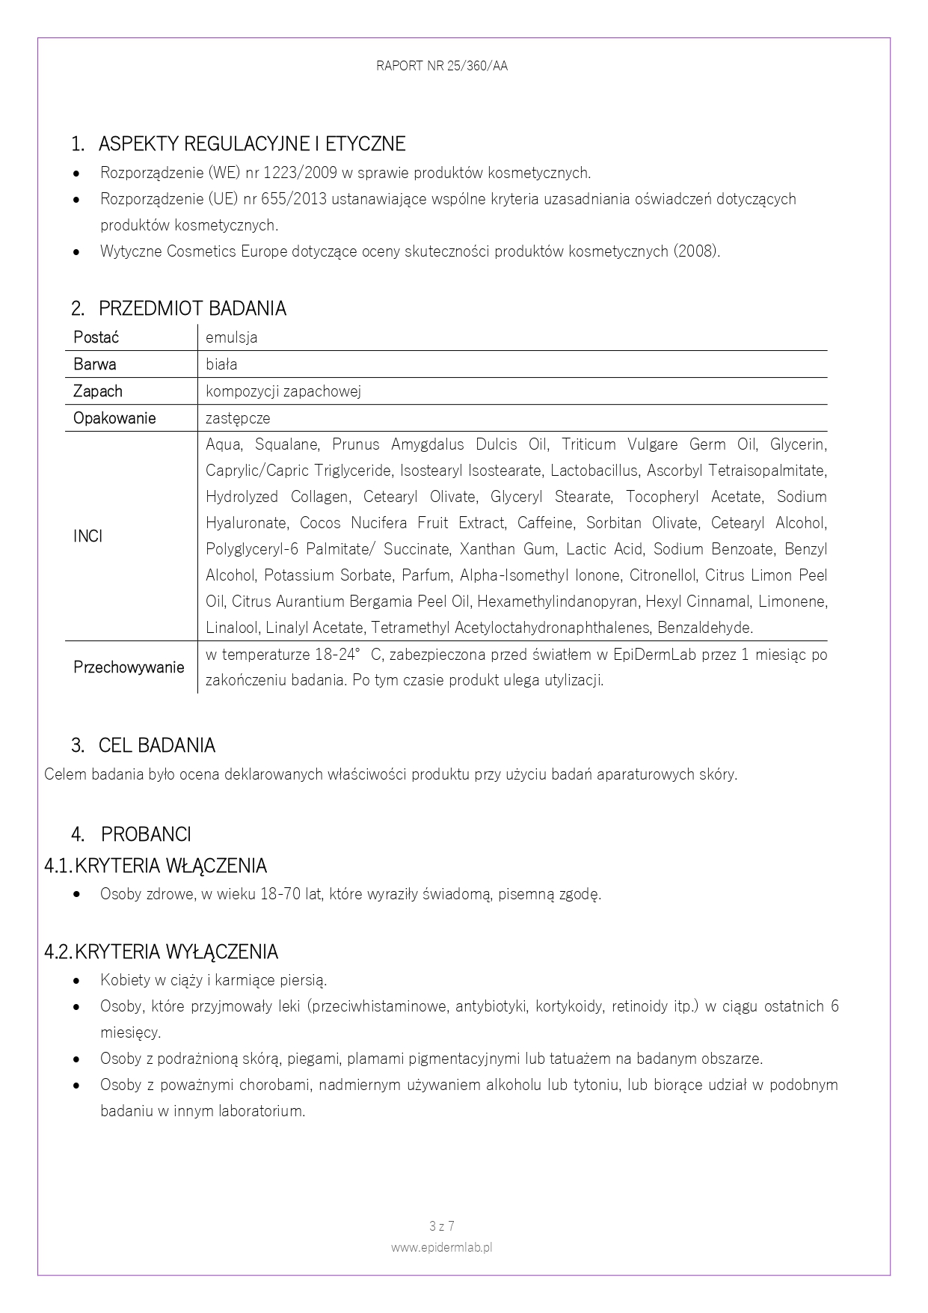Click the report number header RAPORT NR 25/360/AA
coord(442,66)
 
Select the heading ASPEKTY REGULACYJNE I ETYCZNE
coord(251,144)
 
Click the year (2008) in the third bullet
coord(697,251)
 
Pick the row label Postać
coord(96,337)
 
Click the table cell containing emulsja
coord(232,337)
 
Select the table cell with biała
coord(221,364)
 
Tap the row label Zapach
coord(98,391)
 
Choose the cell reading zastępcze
coord(238,418)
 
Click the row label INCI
coord(87,536)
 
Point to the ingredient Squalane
coord(286,445)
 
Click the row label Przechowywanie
coord(129,667)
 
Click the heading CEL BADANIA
coord(156,745)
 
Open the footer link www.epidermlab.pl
coord(442,1247)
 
